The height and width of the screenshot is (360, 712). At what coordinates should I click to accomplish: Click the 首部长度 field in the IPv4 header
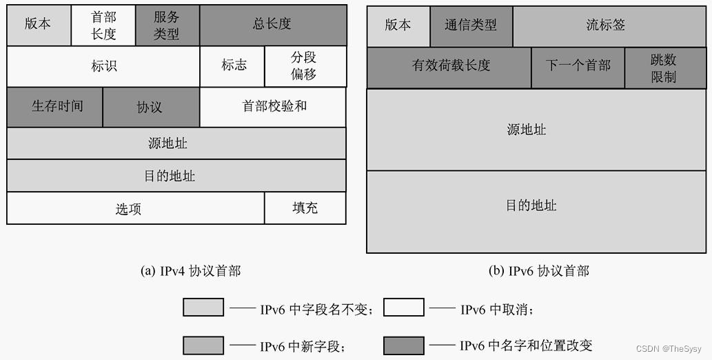(103, 26)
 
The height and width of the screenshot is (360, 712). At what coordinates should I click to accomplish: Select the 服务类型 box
(167, 26)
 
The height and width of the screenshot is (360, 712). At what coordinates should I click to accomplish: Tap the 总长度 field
(273, 25)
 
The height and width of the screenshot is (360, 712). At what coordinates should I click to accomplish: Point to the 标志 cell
(233, 66)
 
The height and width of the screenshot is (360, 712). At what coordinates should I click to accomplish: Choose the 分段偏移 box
(305, 66)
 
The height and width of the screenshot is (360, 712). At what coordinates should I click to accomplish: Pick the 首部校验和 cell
(274, 107)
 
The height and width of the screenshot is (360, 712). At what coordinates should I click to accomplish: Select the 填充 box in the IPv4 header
(305, 208)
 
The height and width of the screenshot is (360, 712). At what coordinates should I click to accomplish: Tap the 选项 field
(129, 208)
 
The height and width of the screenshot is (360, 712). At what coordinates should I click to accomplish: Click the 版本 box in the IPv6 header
(398, 26)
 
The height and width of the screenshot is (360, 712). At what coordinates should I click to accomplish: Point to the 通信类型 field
(471, 26)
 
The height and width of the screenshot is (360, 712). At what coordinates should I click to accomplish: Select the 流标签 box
(606, 26)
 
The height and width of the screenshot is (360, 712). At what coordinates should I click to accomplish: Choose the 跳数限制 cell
(663, 68)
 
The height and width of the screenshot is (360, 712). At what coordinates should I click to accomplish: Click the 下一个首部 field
(578, 66)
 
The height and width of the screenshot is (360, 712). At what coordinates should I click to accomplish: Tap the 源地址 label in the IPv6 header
(527, 130)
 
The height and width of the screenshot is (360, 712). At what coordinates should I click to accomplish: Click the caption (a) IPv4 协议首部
(191, 271)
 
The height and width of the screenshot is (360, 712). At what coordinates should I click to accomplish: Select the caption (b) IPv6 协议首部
(539, 271)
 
